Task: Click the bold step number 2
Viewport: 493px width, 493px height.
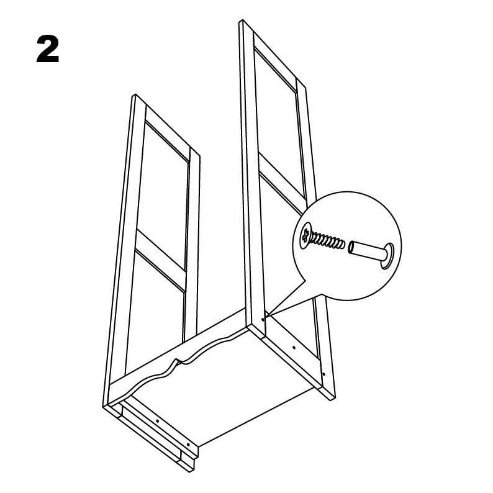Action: (48, 50)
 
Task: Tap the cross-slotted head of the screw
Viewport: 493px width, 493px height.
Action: (305, 236)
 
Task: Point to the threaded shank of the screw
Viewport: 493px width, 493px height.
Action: (328, 240)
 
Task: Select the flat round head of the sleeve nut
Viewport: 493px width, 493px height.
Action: (387, 256)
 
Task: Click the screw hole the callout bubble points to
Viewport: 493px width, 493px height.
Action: (263, 319)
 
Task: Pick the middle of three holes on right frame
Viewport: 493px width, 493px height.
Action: (294, 348)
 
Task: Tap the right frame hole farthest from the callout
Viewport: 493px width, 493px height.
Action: (324, 374)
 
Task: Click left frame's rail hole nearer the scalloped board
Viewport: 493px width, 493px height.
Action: (157, 421)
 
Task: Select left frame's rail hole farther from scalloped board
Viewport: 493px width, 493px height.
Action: (188, 445)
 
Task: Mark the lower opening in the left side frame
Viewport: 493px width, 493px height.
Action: (154, 314)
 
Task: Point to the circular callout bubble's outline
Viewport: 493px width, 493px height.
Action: (347, 191)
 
